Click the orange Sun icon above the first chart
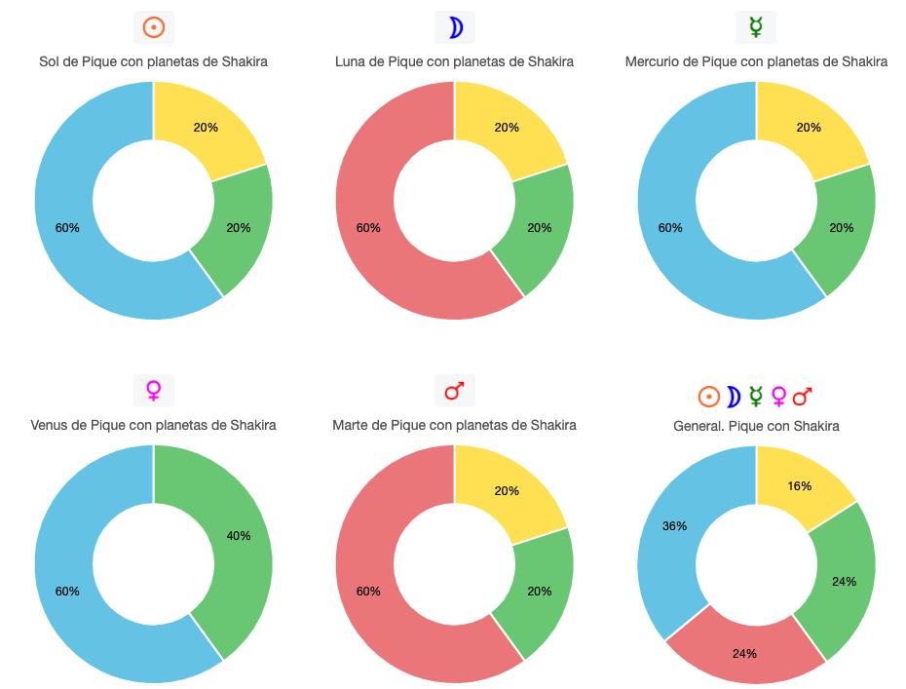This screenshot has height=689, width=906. [x=153, y=27]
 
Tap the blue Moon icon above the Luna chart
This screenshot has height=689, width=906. [x=455, y=27]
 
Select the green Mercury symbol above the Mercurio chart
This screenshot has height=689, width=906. [x=756, y=27]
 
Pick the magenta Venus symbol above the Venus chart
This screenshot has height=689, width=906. [x=153, y=391]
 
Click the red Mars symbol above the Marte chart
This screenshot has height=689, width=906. [x=455, y=391]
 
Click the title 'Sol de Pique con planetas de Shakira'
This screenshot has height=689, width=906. [x=153, y=61]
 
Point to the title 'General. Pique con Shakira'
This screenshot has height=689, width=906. [x=756, y=426]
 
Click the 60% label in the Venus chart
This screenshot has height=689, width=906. [x=67, y=592]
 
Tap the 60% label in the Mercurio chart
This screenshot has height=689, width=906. [x=670, y=228]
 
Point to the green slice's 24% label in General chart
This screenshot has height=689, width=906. [x=844, y=582]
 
